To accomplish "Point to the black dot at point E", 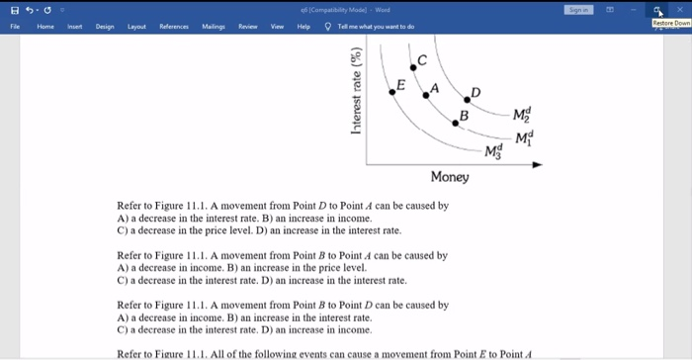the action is tap(392, 90).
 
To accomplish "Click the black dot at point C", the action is tap(416, 70).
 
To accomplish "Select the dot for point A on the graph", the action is tap(427, 95).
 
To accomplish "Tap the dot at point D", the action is tap(470, 100).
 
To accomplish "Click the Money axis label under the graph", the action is tap(450, 177).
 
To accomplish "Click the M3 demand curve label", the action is tap(494, 150).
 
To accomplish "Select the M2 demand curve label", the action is tap(524, 116).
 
